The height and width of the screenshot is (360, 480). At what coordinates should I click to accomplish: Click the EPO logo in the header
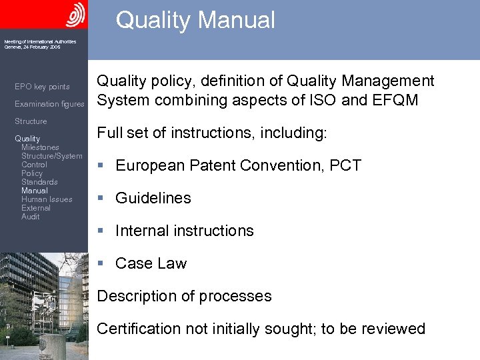tap(75, 14)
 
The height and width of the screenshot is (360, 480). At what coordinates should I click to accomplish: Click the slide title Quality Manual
tap(195, 20)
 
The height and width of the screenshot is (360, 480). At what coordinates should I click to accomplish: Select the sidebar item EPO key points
tap(42, 87)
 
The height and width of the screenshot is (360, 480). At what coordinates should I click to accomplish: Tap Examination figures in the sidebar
tap(49, 104)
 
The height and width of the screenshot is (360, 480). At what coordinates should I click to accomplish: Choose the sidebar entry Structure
tap(31, 121)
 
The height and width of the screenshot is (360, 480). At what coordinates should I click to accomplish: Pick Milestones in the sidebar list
tap(40, 147)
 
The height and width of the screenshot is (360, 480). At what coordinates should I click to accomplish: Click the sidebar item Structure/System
tap(52, 156)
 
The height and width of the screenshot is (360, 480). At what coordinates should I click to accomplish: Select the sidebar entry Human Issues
tap(47, 199)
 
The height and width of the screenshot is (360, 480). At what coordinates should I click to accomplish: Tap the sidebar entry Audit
tap(30, 217)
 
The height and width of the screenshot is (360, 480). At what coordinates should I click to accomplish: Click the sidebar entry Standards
tap(39, 182)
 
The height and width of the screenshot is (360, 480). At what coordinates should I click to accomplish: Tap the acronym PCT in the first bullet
tap(345, 165)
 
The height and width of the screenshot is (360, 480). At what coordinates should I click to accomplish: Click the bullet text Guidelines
tap(153, 198)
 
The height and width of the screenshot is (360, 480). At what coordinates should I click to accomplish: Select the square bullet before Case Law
tap(100, 263)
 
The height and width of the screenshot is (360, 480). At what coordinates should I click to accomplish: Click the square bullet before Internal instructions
tap(100, 231)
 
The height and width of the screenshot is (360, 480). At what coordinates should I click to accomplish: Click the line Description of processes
tap(184, 296)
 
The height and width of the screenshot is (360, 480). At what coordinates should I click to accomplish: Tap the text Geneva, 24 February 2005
tap(32, 47)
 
